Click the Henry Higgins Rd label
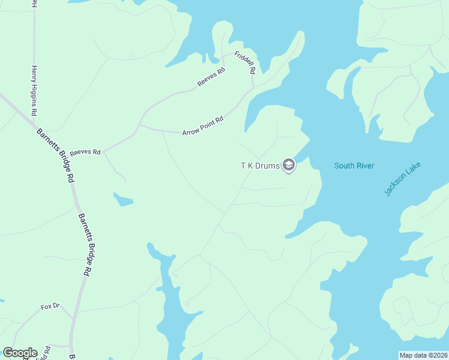34,91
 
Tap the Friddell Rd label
244,62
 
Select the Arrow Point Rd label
203,125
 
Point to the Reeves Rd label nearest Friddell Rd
211,78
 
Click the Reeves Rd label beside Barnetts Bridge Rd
85,152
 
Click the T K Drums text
260,166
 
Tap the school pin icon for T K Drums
289,165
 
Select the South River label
354,166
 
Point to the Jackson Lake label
403,178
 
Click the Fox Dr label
50,307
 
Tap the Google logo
20,353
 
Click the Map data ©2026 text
423,355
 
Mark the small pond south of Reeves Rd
123,199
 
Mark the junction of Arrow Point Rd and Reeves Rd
139,126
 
